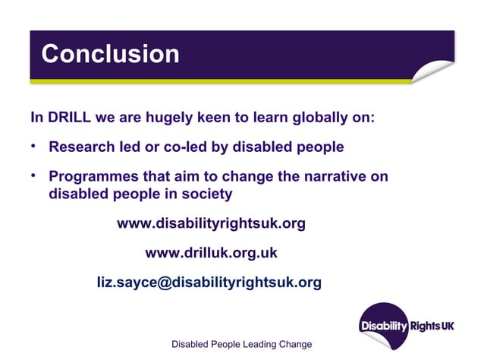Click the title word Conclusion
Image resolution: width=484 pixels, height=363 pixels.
pos(110,55)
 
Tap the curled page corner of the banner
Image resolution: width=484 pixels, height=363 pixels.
pos(434,73)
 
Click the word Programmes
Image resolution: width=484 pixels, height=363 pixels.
pos(96,177)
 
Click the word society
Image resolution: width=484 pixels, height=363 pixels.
pos(206,194)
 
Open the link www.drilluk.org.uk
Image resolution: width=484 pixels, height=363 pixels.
pos(211,253)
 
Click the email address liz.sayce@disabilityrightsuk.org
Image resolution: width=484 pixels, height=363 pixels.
pos(209,283)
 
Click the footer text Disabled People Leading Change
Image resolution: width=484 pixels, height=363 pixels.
pos(241,345)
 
